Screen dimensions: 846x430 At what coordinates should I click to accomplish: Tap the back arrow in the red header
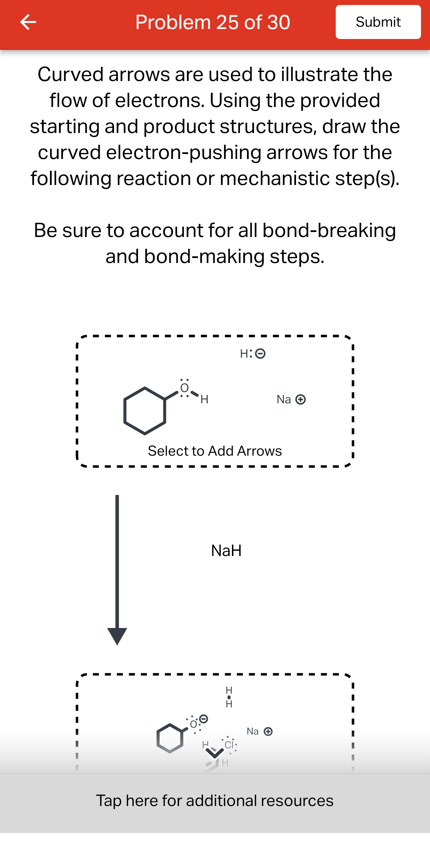coord(28,22)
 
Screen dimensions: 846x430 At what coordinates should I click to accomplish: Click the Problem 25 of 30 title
coord(213,22)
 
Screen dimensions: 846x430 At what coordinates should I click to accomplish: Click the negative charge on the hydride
coord(260,353)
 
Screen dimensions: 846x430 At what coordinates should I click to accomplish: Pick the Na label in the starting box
coord(284,399)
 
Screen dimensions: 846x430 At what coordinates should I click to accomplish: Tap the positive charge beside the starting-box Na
coord(301,399)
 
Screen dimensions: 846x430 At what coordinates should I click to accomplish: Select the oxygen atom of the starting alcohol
coord(184,388)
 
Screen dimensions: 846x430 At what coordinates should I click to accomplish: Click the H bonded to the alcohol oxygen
coord(204,399)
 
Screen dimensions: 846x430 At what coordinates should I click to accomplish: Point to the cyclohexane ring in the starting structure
coord(145,411)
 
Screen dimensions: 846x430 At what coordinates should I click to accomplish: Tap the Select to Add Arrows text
coord(215,451)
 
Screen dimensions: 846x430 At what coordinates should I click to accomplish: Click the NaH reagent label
coord(226,550)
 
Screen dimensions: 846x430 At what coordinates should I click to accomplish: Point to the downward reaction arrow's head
coord(117,635)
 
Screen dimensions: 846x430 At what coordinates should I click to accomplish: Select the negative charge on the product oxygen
coord(203,719)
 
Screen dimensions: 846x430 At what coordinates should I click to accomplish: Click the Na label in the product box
coord(253,731)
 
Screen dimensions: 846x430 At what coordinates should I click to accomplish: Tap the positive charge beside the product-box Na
coord(268,731)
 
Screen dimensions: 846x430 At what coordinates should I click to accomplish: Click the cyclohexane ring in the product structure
coord(170,738)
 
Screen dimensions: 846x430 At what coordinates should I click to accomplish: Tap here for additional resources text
coord(215,800)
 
